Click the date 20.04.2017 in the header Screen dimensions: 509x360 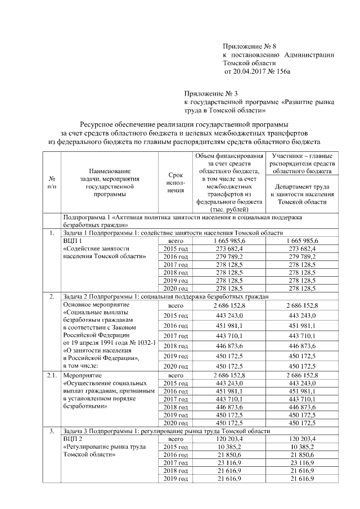coord(250,72)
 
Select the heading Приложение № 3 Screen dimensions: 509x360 coord(211,93)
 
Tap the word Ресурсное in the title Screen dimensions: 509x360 coord(96,123)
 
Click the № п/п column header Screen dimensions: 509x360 coord(52,182)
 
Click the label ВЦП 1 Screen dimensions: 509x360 coord(73,240)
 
